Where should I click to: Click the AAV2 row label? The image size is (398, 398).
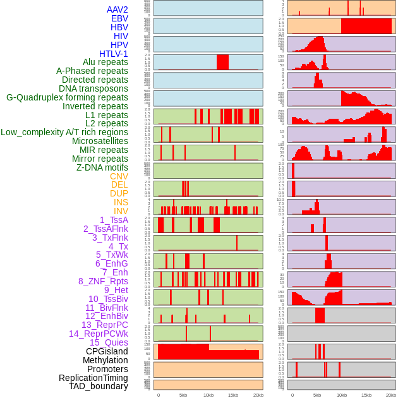coord(117,9)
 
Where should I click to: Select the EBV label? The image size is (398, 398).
coord(119,18)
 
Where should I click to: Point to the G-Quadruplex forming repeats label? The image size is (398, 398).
coord(67,97)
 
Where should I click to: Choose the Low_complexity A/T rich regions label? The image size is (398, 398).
coord(64,132)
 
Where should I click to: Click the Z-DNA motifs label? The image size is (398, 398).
coord(102,167)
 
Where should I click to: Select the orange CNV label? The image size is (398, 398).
coord(119,176)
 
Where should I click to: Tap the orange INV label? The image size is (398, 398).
coord(121,211)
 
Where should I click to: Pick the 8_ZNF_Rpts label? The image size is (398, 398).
coord(103,281)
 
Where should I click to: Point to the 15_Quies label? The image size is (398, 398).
coord(109,342)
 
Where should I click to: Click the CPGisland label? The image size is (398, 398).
coord(107,351)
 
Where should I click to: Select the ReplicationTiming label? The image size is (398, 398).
coord(93,378)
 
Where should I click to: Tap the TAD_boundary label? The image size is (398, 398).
coord(99,386)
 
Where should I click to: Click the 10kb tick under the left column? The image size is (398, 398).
coord(208,395)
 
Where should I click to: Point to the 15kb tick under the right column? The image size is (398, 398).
coord(366,395)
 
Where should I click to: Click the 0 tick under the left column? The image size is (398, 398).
coord(158,395)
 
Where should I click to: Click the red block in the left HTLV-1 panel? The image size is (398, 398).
coord(222,62)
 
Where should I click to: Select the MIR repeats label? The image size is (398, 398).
coord(104,150)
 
